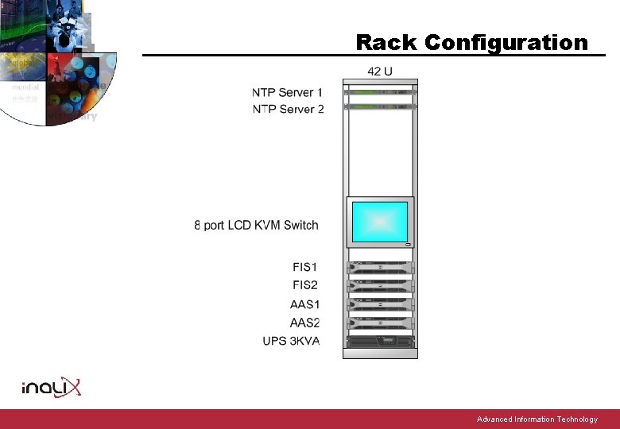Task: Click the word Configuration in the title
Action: (506, 42)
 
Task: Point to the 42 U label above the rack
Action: (380, 71)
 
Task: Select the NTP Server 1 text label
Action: (288, 93)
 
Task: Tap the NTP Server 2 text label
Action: (288, 109)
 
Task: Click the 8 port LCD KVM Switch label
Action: (256, 226)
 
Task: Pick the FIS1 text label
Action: (305, 268)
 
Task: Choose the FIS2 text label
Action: (305, 285)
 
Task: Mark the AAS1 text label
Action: (304, 304)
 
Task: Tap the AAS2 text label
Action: (304, 323)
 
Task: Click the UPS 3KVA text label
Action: (291, 342)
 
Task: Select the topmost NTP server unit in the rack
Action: (380, 91)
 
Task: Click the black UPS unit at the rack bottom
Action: (380, 342)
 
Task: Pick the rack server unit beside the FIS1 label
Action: (380, 268)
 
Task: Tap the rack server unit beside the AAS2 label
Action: (380, 323)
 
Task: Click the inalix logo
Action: (51, 388)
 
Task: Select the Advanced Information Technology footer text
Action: (537, 419)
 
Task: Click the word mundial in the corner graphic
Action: (25, 87)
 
